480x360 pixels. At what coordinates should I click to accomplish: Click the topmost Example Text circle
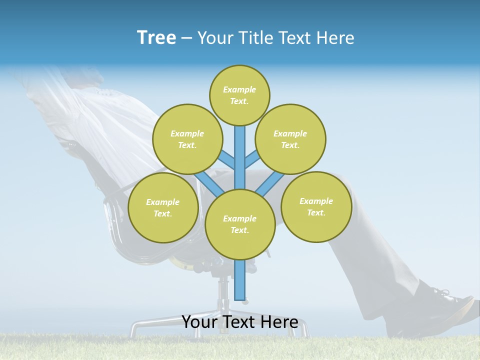click(239, 95)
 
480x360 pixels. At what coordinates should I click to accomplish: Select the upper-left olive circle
click(187, 139)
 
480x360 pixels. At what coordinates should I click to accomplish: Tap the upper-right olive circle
click(290, 139)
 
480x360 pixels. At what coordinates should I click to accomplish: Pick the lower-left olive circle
click(163, 207)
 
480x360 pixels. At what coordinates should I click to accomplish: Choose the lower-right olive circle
click(316, 206)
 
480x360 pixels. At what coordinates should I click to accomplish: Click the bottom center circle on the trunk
click(240, 224)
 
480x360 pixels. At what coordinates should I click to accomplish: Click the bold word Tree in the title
click(156, 37)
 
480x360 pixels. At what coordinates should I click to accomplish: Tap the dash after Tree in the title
click(186, 38)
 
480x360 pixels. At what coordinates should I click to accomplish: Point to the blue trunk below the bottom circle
click(240, 280)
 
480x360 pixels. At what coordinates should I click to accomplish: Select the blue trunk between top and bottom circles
click(240, 157)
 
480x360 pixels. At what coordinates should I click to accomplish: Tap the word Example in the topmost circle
click(239, 89)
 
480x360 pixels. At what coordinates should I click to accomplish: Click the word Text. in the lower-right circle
click(316, 212)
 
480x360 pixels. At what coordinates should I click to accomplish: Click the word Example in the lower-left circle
click(162, 202)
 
